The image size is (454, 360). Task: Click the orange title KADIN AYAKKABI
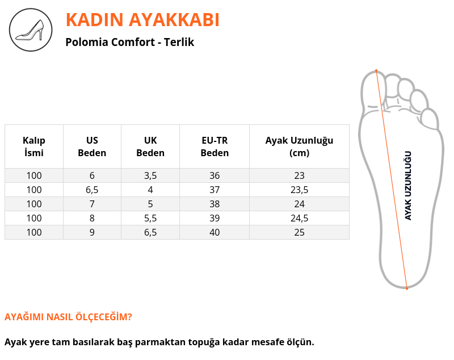[142, 20]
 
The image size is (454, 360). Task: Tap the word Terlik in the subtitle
[179, 42]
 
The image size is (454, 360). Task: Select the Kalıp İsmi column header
[34, 146]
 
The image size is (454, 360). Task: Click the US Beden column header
[92, 146]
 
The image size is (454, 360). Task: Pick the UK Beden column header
[150, 146]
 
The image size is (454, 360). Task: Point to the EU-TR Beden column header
[215, 146]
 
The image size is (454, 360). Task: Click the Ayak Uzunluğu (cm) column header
[300, 146]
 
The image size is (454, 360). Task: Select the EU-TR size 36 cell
[215, 175]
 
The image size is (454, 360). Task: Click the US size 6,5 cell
[92, 190]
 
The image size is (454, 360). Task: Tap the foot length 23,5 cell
[300, 190]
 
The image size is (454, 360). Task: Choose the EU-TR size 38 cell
[215, 204]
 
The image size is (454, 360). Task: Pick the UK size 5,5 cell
[150, 218]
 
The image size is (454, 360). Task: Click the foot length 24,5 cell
[300, 218]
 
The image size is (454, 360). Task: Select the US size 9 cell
[92, 232]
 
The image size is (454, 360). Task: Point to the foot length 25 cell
[300, 232]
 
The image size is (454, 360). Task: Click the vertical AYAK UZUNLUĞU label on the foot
[407, 186]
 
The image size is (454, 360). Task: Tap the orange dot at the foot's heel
[407, 288]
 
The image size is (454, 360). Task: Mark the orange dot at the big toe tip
[376, 70]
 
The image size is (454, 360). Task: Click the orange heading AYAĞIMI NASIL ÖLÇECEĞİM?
[68, 317]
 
